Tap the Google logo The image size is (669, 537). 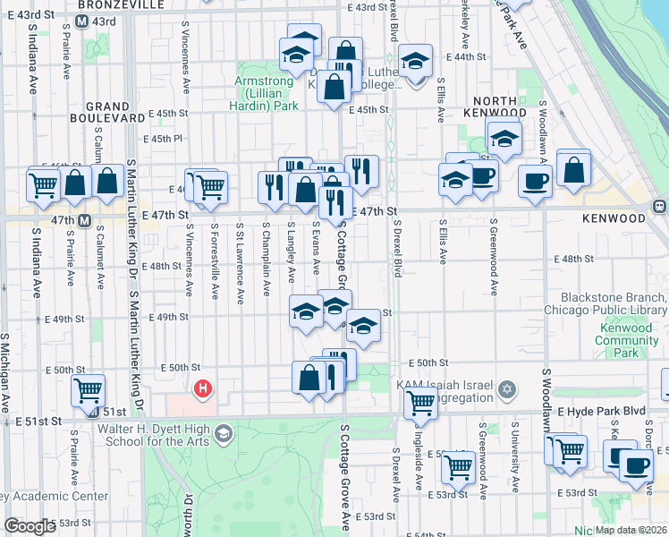coord(29,527)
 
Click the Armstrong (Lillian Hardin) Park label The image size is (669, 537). coord(266,93)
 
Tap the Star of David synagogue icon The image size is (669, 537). coord(508,388)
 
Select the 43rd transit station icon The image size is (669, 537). coord(81,21)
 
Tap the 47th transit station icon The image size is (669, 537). coord(84,220)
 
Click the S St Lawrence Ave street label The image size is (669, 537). coord(241,263)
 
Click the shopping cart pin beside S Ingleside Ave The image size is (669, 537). coord(459,465)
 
